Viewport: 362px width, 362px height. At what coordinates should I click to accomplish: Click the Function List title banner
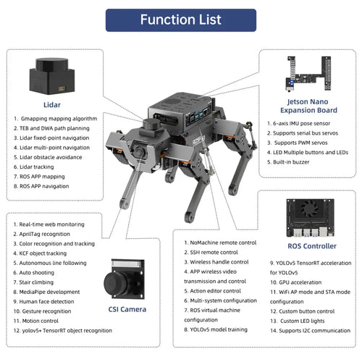click(x=181, y=20)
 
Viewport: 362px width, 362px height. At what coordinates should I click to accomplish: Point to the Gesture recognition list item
click(x=46, y=310)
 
